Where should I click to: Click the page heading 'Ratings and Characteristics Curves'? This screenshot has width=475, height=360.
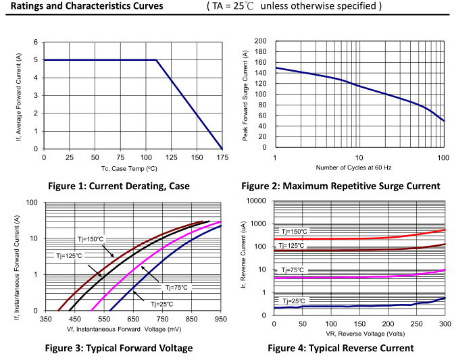87,7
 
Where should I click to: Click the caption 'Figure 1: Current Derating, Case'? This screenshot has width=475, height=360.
119,186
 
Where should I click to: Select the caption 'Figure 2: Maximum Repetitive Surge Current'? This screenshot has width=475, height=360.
341,186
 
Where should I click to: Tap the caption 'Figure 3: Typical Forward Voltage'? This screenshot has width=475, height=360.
120,348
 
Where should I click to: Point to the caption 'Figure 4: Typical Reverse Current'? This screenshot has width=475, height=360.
341,348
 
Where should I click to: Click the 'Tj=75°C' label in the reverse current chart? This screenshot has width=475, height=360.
293,270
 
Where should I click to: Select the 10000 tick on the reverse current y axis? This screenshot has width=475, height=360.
257,201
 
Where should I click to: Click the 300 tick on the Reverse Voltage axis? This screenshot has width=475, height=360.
445,325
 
